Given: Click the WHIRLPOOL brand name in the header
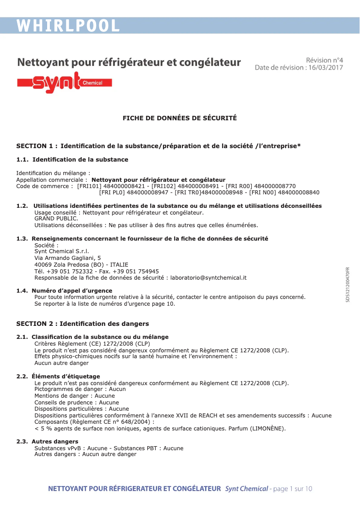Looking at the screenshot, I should pyautogui.click(x=68, y=26).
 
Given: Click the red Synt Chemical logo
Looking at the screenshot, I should pyautogui.click(x=64, y=83).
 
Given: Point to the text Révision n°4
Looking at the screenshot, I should pyautogui.click(x=324, y=60).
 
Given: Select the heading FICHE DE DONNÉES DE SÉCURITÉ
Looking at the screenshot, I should pyautogui.click(x=180, y=118).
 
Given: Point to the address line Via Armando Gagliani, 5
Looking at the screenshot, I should pyautogui.click(x=67, y=258).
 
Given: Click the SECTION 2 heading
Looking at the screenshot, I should pyautogui.click(x=83, y=324).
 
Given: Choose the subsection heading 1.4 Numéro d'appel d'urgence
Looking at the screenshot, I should pyautogui.click(x=64, y=291).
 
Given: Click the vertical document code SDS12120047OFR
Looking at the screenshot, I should pyautogui.click(x=347, y=285).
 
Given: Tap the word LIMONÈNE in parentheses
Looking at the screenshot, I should pyautogui.click(x=267, y=428).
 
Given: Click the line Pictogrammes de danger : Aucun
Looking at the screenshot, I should pyautogui.click(x=80, y=389).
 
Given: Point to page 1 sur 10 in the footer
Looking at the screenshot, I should pyautogui.click(x=293, y=488).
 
